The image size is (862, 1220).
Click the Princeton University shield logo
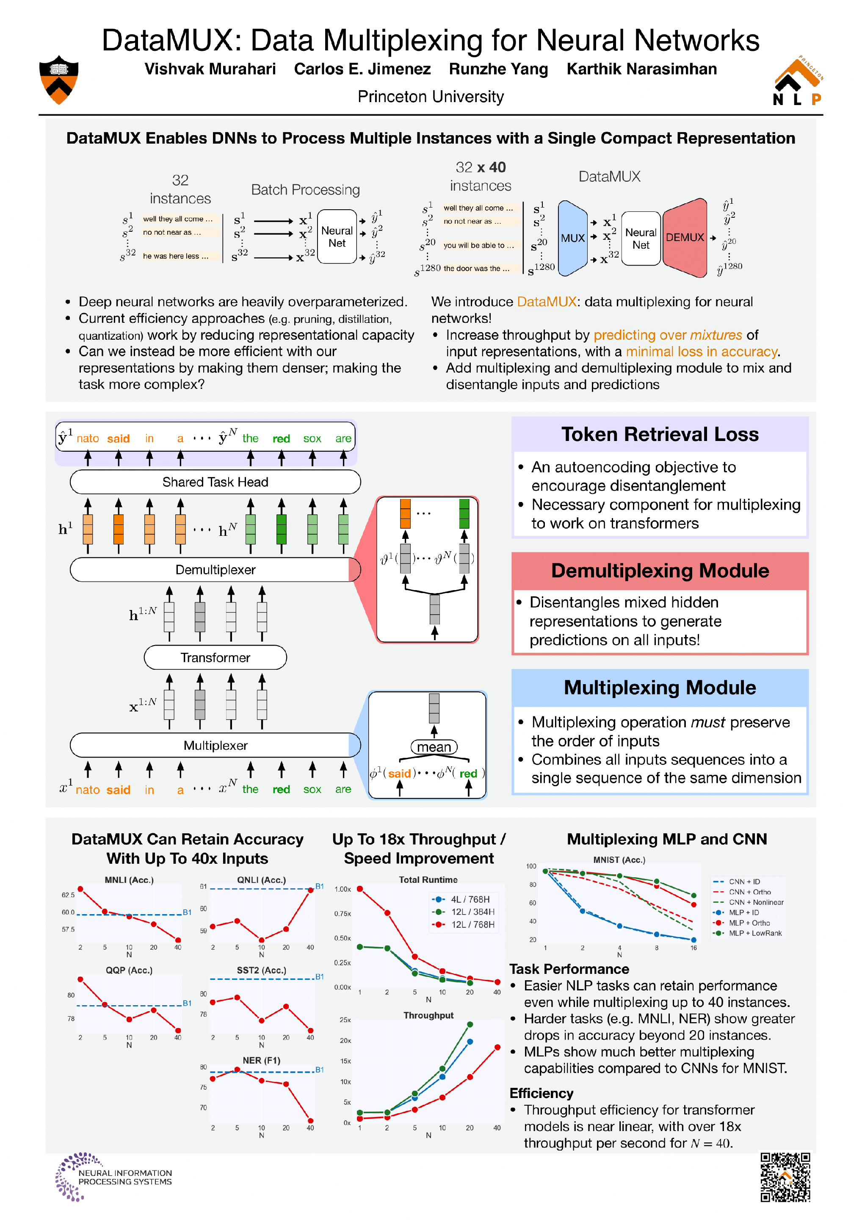[x=59, y=80]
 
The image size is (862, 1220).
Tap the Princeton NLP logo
[x=797, y=81]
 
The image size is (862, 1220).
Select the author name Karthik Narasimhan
[x=641, y=69]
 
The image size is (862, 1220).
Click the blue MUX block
[x=572, y=238]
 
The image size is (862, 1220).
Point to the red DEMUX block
[x=685, y=238]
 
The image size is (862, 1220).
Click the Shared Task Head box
[x=215, y=482]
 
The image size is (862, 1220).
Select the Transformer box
[x=215, y=658]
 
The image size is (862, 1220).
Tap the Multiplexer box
[x=215, y=746]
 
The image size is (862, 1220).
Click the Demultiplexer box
[x=215, y=570]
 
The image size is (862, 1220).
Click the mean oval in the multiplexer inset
[x=434, y=747]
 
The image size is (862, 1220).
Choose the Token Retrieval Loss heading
[x=660, y=434]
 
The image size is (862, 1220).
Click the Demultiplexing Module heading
[x=660, y=571]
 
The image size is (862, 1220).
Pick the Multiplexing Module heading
[x=660, y=688]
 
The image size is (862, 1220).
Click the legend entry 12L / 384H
[x=472, y=912]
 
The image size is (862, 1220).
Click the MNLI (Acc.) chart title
[x=129, y=880]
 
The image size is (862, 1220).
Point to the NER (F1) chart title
[x=261, y=1060]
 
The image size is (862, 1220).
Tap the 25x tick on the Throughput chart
[x=345, y=1020]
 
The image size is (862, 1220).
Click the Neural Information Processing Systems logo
[x=114, y=1177]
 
